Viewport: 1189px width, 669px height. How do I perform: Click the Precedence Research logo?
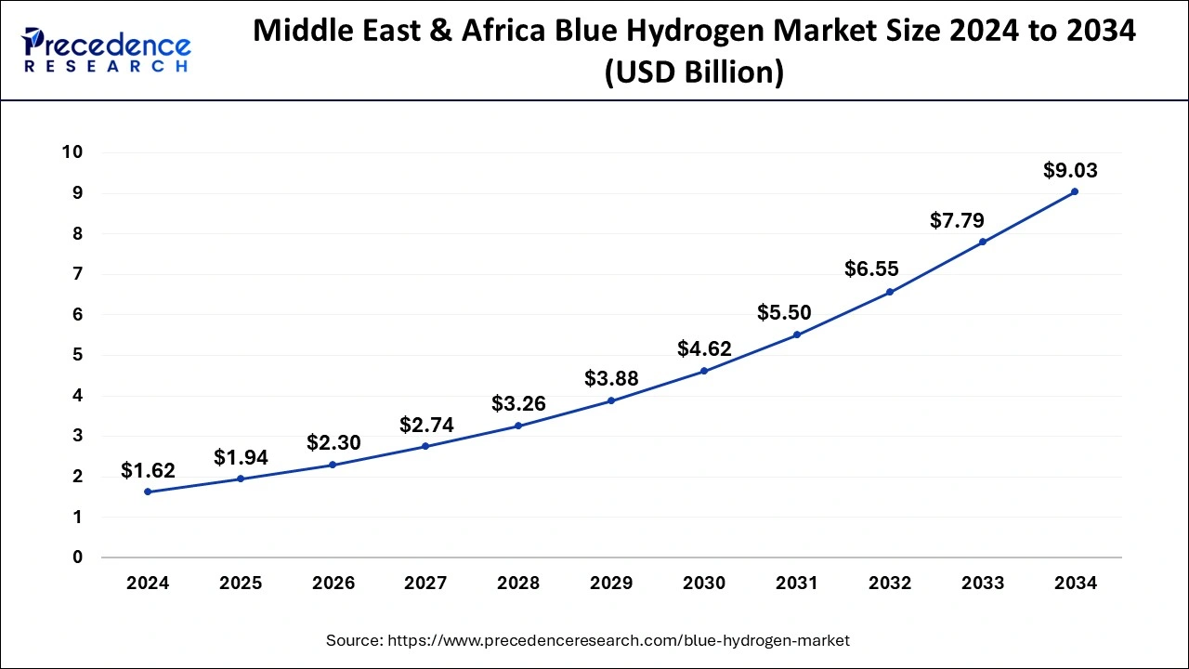[106, 49]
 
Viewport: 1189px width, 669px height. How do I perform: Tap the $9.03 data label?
[1070, 170]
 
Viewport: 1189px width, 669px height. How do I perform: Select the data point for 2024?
[148, 492]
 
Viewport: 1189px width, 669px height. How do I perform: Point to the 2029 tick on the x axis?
[611, 584]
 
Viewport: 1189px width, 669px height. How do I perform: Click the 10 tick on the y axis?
[72, 152]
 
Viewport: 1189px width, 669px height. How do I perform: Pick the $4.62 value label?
[704, 349]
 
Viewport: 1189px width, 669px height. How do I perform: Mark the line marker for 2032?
[890, 292]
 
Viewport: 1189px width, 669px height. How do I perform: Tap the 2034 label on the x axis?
[1075, 584]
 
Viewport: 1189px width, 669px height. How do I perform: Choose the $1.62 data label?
[148, 471]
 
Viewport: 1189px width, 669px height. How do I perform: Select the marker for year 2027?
[425, 446]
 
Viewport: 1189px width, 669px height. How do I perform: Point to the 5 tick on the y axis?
[77, 355]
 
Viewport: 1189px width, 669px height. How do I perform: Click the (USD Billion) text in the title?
[694, 72]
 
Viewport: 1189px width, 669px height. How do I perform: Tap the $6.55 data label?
[871, 269]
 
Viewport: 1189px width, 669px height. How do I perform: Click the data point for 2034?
[1075, 191]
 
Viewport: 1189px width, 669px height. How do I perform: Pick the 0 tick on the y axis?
[77, 557]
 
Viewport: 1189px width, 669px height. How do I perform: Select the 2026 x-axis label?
[333, 584]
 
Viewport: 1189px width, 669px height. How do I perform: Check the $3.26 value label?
[518, 403]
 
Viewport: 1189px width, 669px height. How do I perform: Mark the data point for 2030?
[704, 371]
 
